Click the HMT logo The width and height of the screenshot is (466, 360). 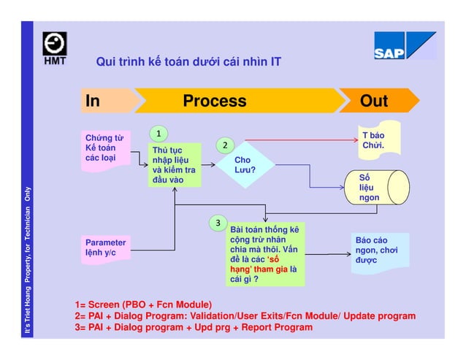coord(54,48)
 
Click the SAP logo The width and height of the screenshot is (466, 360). coord(404,46)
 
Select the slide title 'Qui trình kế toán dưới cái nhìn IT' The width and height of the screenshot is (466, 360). coord(188,62)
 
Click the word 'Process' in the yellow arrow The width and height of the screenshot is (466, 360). coord(214,101)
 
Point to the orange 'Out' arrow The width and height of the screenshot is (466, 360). coord(376,101)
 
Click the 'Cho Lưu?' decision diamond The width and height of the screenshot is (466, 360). coord(245,164)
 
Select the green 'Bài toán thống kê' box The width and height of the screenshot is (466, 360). coord(264,254)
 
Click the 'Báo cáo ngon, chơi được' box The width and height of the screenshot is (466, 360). coord(378,250)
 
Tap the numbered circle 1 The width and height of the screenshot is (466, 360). coord(158,133)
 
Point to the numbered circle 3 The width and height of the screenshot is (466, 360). coord(218,222)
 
